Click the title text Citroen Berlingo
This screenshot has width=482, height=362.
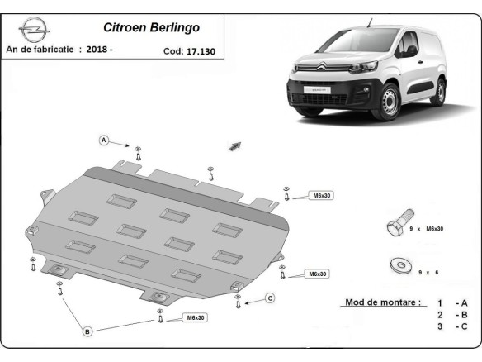tap(151, 26)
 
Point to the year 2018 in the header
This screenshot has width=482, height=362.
tap(96, 50)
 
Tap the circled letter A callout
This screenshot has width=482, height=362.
tap(105, 140)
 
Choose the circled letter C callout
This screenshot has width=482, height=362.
tap(270, 298)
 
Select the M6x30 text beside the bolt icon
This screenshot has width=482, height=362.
tap(436, 228)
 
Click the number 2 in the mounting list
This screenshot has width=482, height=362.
tap(440, 316)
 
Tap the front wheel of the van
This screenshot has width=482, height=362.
tap(390, 102)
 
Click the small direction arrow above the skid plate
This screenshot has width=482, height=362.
tap(236, 145)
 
